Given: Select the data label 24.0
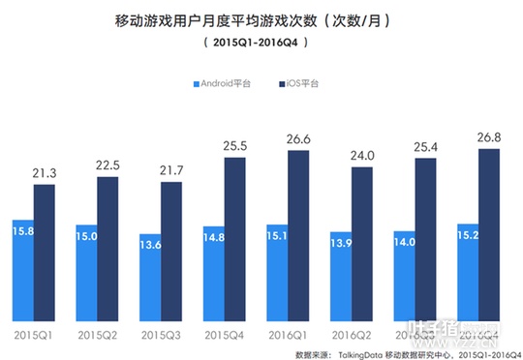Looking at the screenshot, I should coord(361,155).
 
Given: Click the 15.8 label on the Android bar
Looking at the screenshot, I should coord(23,230).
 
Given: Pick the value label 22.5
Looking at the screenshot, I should coord(108,165).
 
